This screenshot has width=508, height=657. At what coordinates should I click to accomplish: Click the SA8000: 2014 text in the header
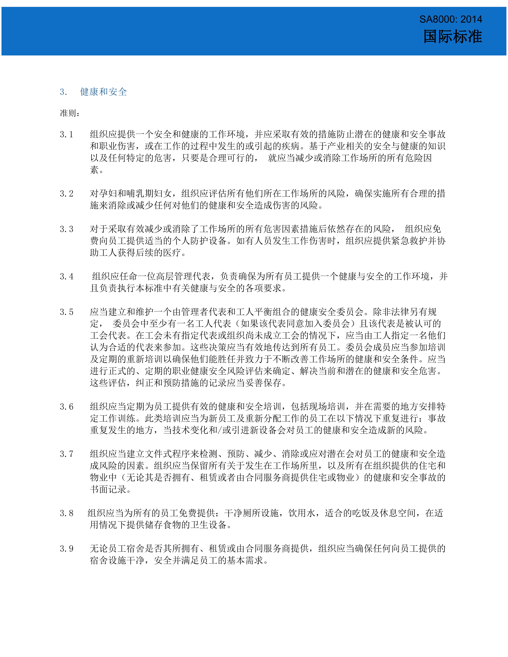pyautogui.click(x=451, y=19)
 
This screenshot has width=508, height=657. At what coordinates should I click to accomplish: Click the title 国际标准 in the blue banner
pyautogui.click(x=453, y=37)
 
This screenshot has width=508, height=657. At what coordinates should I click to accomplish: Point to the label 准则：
pyautogui.click(x=70, y=113)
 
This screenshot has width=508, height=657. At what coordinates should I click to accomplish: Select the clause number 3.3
pyautogui.click(x=67, y=229)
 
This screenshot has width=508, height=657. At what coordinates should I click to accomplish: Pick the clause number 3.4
pyautogui.click(x=67, y=276)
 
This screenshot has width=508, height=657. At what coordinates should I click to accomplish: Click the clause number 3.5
pyautogui.click(x=67, y=312)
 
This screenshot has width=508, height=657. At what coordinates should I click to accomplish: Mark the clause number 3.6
pyautogui.click(x=67, y=407)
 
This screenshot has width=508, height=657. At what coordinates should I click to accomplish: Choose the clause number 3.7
pyautogui.click(x=67, y=454)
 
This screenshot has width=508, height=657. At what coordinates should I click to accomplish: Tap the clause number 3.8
pyautogui.click(x=67, y=513)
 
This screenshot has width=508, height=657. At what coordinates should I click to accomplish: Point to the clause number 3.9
pyautogui.click(x=67, y=549)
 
